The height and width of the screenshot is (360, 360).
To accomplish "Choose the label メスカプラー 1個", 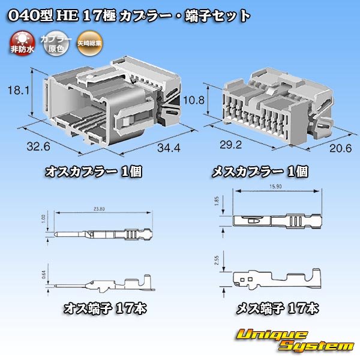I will tap(260, 172).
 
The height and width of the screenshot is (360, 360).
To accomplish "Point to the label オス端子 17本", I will tap(105, 310).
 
